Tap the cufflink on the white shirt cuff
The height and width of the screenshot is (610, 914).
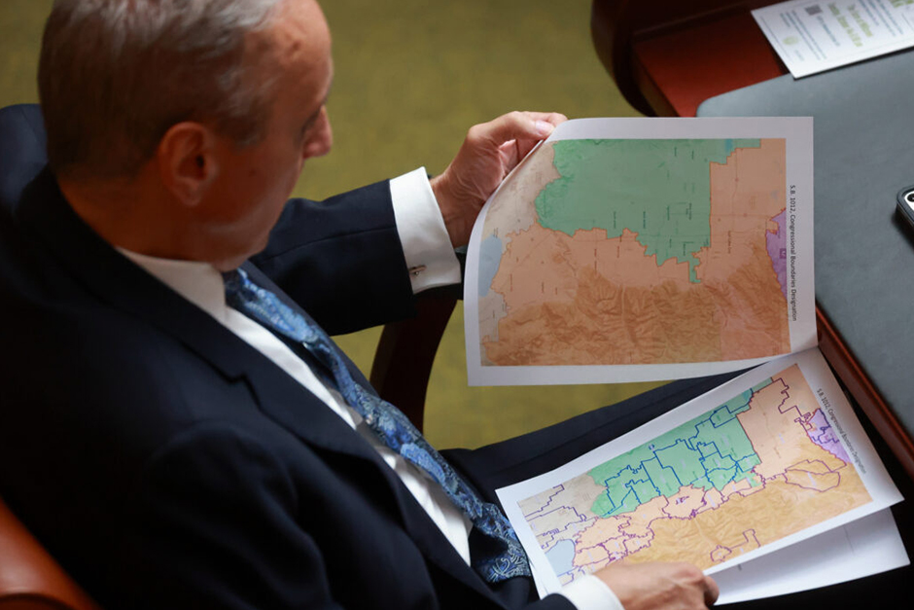[417, 269]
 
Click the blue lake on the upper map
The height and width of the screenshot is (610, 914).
[489, 263]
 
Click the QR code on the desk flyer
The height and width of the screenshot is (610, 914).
[813, 10]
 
